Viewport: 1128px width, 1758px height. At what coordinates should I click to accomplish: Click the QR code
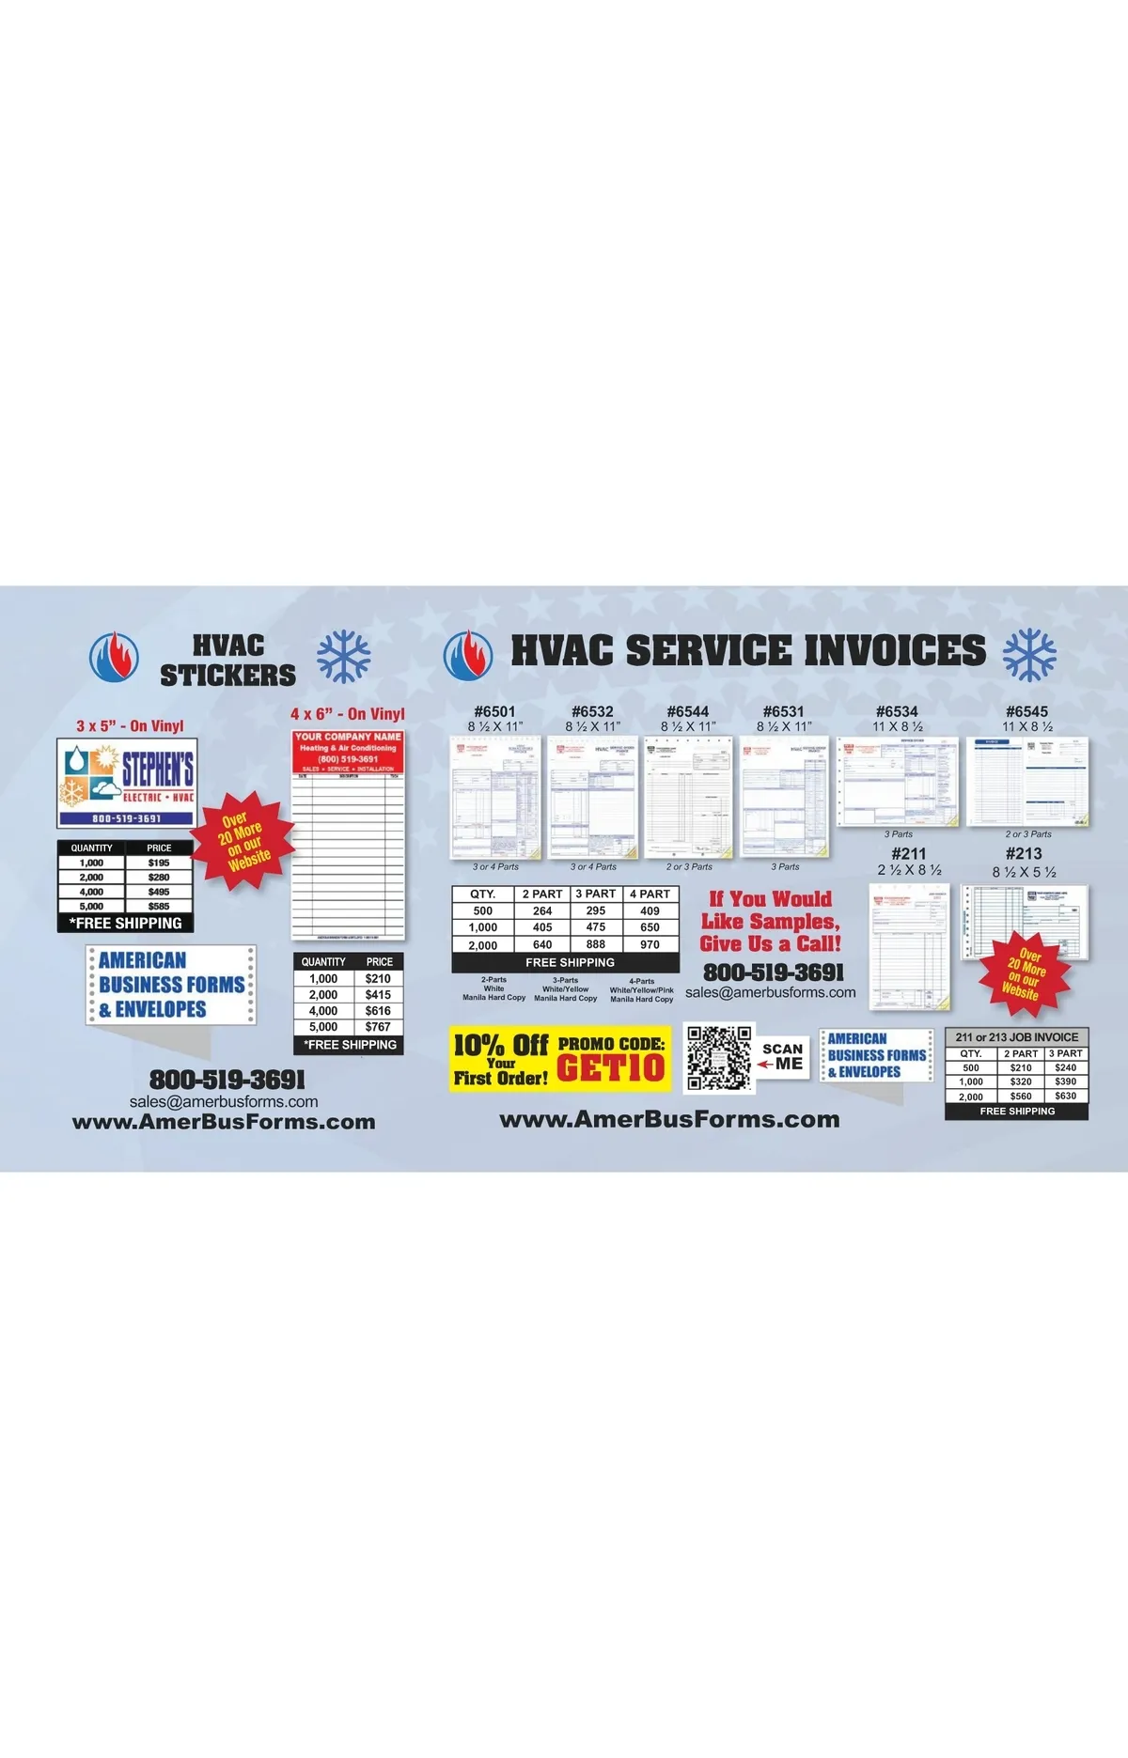point(719,1058)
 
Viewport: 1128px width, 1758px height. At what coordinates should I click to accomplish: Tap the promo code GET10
point(611,1067)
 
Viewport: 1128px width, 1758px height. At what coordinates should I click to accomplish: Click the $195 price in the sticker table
point(159,863)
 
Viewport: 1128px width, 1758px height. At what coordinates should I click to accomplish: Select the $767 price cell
point(378,1027)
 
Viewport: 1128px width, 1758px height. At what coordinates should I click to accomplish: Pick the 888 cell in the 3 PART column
point(596,944)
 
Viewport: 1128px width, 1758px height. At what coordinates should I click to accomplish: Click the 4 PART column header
point(650,894)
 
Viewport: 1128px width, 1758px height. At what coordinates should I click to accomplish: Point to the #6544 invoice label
point(687,711)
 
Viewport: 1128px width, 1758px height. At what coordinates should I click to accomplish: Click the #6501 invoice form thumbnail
point(496,798)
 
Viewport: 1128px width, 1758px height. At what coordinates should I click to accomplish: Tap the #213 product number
point(1024,853)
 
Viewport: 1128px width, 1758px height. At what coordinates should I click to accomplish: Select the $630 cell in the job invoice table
point(1065,1096)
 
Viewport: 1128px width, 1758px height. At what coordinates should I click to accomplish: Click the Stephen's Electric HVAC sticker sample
point(127,782)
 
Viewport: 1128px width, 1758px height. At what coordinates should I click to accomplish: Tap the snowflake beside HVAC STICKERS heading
point(343,656)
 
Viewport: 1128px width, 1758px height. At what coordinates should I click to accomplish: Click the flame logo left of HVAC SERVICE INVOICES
point(468,654)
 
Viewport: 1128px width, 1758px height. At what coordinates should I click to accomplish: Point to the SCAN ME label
point(782,1056)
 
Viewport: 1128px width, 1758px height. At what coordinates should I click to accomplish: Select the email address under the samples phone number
point(770,992)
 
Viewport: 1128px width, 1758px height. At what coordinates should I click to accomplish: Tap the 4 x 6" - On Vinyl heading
point(347,714)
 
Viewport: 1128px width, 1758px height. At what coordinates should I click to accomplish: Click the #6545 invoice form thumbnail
point(1027,782)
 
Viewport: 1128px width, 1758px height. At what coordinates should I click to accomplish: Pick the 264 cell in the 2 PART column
point(542,910)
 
